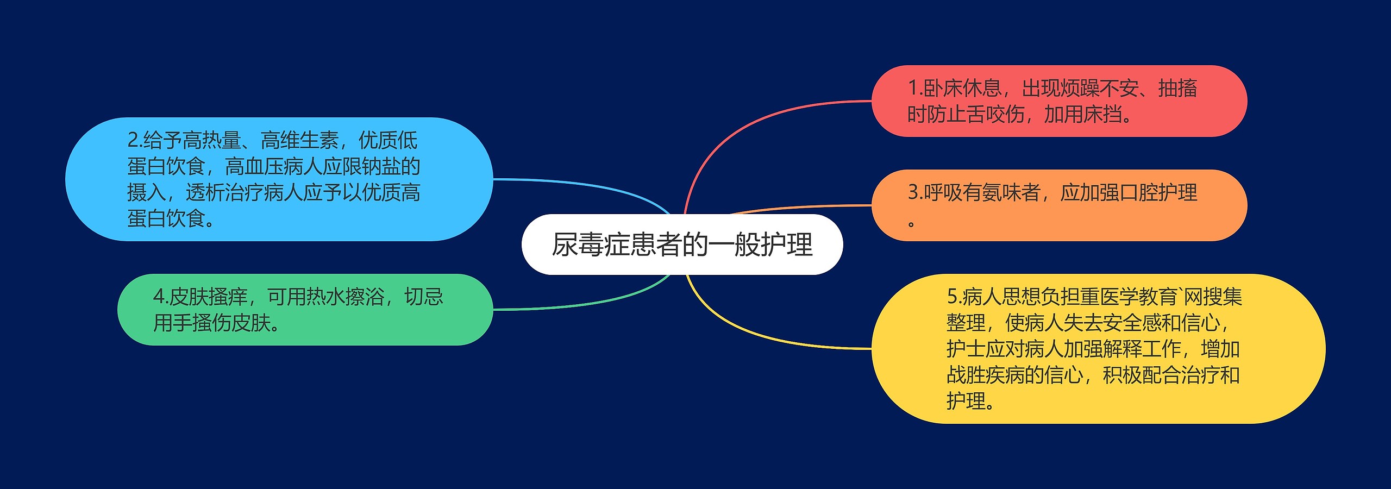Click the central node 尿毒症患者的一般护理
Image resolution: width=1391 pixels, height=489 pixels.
(x=682, y=244)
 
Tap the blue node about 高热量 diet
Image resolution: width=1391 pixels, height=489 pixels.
(x=278, y=179)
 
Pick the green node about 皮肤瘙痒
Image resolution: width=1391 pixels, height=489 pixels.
(x=305, y=310)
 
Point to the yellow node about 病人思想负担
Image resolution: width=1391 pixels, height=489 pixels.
(x=1098, y=349)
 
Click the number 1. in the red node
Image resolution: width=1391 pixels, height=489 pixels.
(x=915, y=88)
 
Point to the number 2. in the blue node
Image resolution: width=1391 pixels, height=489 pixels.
(x=135, y=140)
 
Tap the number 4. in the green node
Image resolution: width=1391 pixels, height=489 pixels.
(x=161, y=297)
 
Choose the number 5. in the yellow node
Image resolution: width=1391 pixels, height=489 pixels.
(x=954, y=297)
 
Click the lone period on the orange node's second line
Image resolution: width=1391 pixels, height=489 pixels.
(x=911, y=223)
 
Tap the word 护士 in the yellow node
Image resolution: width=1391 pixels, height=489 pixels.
(x=966, y=349)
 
